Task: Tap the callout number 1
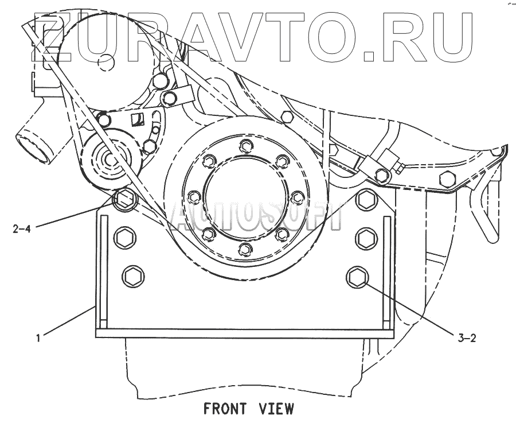tap(38, 338)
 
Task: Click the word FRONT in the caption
tap(225, 409)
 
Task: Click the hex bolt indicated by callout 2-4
tap(124, 200)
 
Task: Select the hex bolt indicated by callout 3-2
tap(357, 277)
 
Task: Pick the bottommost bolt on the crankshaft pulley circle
tap(245, 249)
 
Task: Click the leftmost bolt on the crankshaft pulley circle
tap(193, 197)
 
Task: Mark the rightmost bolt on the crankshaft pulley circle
tap(297, 197)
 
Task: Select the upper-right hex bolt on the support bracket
tap(365, 199)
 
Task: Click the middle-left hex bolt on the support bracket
tap(124, 237)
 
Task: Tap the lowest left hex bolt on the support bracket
tap(131, 275)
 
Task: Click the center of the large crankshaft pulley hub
tap(245, 197)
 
